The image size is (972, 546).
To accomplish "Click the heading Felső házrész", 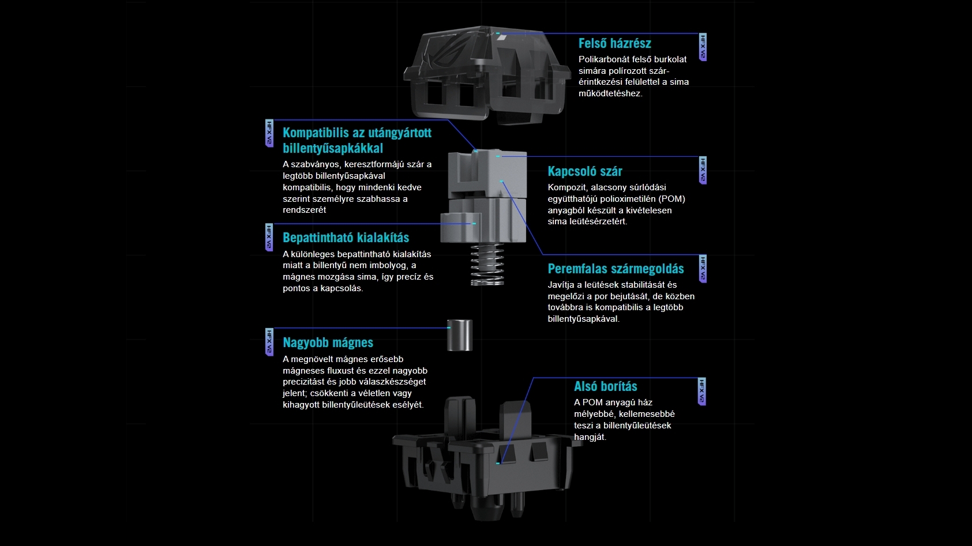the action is tap(614, 43).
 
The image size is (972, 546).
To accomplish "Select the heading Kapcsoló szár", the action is tap(584, 171).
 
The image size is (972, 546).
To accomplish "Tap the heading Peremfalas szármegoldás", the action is tap(616, 269).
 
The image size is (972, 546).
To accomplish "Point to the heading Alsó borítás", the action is tap(605, 386).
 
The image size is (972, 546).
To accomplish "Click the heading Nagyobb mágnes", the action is tap(328, 342).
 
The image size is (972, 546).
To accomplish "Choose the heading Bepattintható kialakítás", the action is tap(346, 238).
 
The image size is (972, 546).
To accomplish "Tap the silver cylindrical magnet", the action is tap(460, 335).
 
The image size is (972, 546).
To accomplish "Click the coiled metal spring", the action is tap(487, 264).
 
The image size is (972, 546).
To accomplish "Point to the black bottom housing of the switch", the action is tap(486, 458).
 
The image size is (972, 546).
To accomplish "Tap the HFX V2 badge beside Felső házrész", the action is tap(703, 47).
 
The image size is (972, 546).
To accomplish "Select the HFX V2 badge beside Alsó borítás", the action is tap(701, 391).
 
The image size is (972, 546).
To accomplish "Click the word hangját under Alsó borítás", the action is tap(590, 437).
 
